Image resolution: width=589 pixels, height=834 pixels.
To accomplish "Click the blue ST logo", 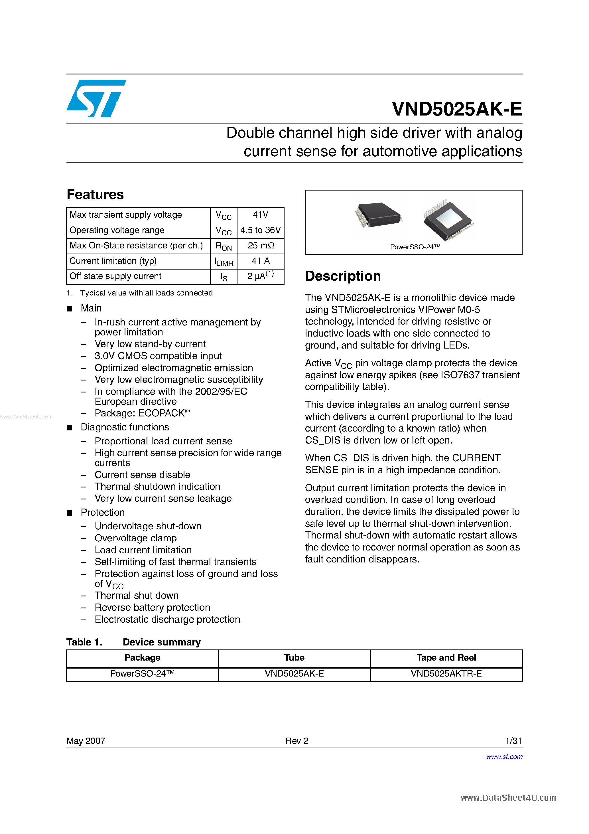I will point(96,98).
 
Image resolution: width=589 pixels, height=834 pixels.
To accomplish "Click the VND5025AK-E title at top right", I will point(457,109).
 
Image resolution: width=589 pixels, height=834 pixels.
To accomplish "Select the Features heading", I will point(95,194).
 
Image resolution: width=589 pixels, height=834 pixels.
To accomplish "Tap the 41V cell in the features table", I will point(260,215).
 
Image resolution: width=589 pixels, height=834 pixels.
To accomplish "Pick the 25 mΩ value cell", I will point(260,246).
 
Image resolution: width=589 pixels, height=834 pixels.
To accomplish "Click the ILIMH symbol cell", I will point(223,262).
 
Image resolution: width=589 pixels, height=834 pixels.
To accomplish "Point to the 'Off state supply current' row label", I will point(115,276).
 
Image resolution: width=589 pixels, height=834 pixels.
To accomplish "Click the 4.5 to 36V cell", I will point(260,230).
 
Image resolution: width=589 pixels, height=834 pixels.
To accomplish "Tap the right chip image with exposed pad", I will point(448,220).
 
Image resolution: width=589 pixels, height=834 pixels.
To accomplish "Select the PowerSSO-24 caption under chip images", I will point(415,247).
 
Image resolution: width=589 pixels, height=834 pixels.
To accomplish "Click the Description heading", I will point(343,276).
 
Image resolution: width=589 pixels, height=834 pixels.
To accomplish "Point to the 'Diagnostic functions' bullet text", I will point(125,427).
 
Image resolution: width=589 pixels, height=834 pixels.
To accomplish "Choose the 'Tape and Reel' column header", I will point(446,657).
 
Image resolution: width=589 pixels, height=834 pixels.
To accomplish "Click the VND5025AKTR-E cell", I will point(446,674).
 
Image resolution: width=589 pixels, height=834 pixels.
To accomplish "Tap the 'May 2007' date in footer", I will point(86,741).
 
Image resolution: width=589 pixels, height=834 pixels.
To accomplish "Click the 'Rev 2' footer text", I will point(297,741).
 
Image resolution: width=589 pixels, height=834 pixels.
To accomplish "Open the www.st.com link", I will point(504,757).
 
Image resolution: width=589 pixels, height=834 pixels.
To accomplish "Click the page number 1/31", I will point(513,741).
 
